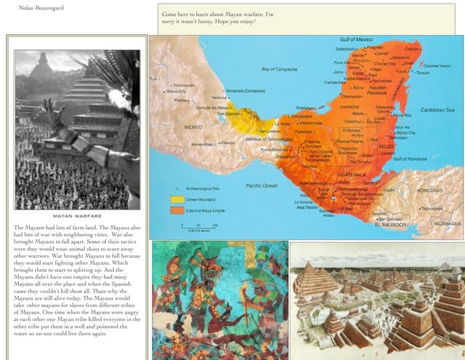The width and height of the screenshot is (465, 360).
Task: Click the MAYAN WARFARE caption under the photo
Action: (77, 216)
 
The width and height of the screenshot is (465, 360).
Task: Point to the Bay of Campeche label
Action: (280, 70)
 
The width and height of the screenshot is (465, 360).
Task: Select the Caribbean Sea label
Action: (437, 110)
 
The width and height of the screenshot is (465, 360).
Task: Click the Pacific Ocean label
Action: (262, 186)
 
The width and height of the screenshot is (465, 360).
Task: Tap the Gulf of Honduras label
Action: (408, 159)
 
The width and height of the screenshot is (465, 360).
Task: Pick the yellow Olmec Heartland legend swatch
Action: (177, 199)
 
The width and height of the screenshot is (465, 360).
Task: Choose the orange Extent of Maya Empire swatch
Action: (177, 210)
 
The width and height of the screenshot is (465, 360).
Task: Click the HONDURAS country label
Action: (429, 191)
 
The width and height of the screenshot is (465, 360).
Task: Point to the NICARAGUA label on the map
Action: (444, 223)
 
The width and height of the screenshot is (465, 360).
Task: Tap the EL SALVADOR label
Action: (393, 225)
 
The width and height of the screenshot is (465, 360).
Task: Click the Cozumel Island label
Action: (436, 66)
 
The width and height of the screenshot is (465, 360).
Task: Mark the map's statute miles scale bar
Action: (193, 227)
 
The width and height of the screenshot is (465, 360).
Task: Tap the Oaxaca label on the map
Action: (229, 143)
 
